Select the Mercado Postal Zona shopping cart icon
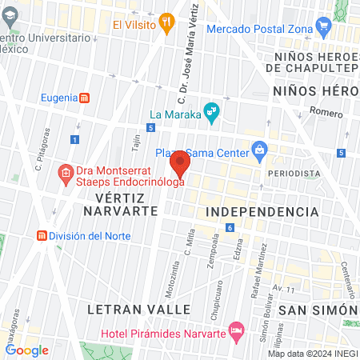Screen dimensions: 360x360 tap(324, 29)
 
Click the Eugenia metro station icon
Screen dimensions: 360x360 tap(85, 98)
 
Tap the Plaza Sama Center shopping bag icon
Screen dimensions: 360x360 tap(260, 150)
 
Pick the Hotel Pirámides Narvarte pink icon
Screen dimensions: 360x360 tap(235, 330)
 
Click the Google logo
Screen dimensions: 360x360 tap(26, 350)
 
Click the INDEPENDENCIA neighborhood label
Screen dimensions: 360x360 tap(262, 211)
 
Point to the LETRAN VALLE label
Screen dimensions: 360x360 tap(139, 309)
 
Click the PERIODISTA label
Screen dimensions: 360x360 tap(288, 173)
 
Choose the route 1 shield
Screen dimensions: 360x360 tap(74, 139)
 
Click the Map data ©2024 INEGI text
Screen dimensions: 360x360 tap(312, 353)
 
